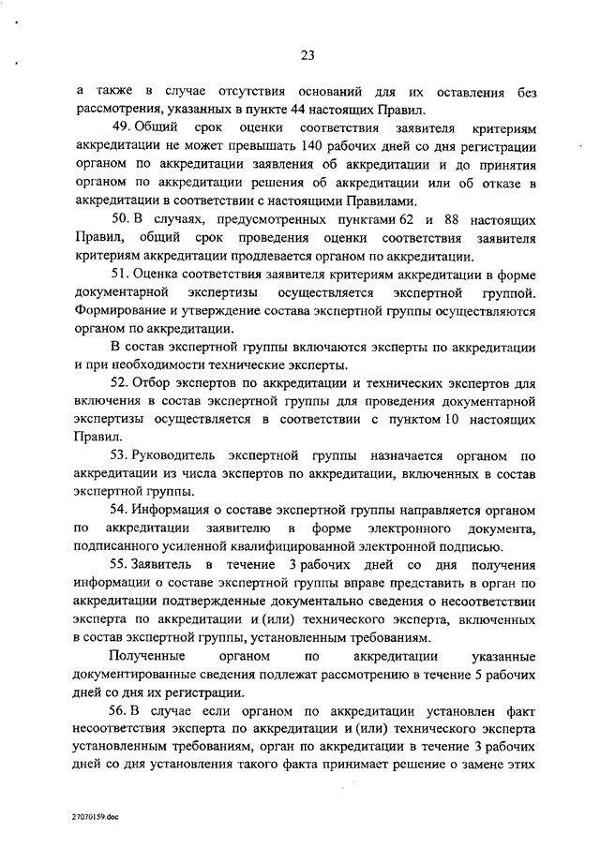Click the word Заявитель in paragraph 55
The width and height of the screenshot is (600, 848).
coord(165,566)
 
